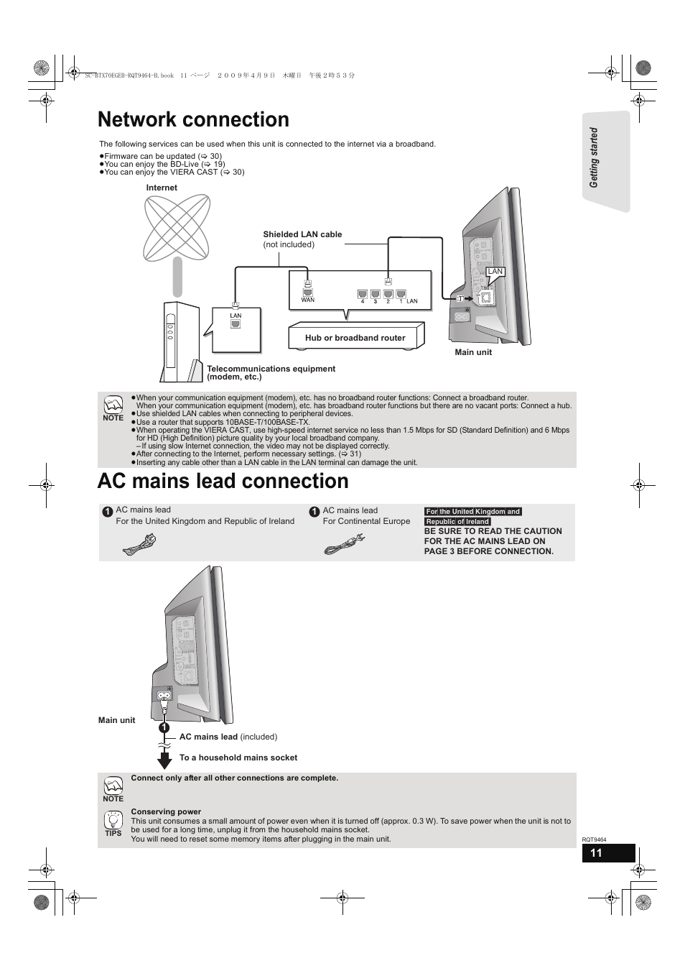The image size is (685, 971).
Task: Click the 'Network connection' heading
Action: (193, 119)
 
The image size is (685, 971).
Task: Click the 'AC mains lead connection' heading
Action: (223, 481)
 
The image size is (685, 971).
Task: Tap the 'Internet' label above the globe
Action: (162, 188)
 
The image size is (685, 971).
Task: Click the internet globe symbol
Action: (177, 228)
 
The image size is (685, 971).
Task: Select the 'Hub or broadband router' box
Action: (355, 337)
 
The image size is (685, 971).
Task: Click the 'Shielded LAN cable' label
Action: (302, 234)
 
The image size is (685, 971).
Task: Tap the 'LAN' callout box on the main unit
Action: (495, 272)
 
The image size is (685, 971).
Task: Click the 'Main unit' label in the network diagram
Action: (473, 352)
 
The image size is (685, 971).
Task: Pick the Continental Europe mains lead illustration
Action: (345, 544)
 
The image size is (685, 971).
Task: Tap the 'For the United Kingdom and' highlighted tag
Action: (472, 512)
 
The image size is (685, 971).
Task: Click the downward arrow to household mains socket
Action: (164, 759)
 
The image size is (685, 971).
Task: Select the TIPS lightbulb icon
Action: (113, 820)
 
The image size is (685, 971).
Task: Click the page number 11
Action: (596, 853)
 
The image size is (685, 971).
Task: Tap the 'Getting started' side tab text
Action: (594, 158)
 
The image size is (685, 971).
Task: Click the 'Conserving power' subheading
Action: (166, 811)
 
